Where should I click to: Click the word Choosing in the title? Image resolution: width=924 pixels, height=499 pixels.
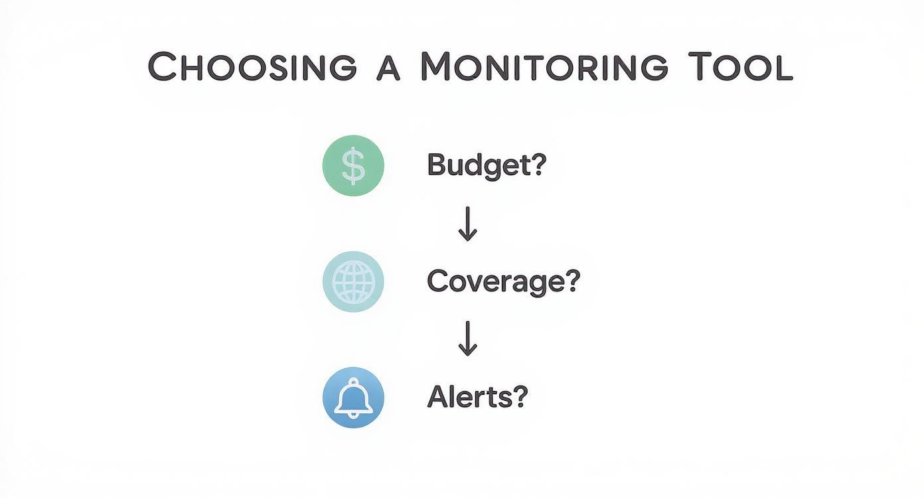pyautogui.click(x=253, y=67)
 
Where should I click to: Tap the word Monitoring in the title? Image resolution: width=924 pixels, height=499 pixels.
pyautogui.click(x=544, y=67)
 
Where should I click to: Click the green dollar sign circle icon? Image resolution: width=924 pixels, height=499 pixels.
pyautogui.click(x=353, y=166)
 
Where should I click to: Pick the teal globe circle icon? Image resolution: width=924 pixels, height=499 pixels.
pyautogui.click(x=353, y=282)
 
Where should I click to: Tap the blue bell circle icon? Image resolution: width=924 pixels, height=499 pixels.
pyautogui.click(x=353, y=397)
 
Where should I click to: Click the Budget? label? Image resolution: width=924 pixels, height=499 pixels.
pyautogui.click(x=486, y=165)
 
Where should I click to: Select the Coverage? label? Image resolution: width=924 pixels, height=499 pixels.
pyautogui.click(x=503, y=281)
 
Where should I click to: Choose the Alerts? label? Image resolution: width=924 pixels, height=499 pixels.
pyautogui.click(x=477, y=397)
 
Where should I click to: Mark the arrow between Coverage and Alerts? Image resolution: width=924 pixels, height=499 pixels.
pyautogui.click(x=468, y=339)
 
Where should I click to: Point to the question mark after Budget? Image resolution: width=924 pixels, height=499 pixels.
pyautogui.click(x=536, y=164)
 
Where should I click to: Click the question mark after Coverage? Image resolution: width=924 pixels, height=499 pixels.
pyautogui.click(x=571, y=281)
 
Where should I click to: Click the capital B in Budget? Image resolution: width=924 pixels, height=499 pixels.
pyautogui.click(x=437, y=164)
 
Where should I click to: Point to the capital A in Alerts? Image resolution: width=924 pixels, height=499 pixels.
pyautogui.click(x=437, y=397)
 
